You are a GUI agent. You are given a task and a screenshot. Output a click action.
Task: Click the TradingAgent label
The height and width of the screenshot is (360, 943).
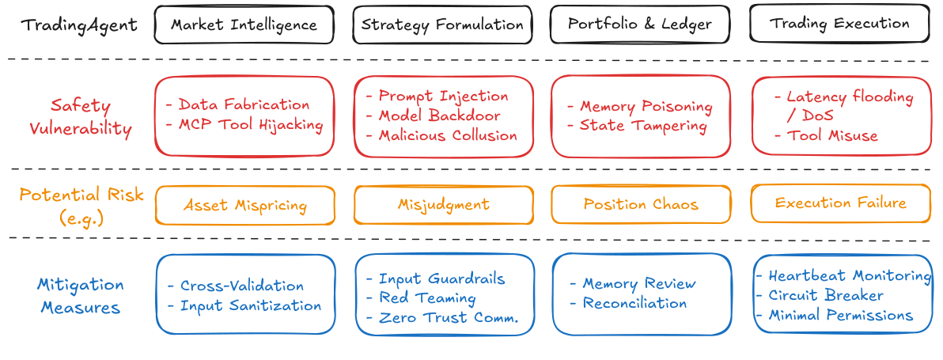79,25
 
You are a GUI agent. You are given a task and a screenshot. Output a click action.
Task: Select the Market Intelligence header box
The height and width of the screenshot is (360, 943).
244,25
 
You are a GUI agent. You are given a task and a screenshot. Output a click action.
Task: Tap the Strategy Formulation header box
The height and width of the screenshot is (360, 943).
442,25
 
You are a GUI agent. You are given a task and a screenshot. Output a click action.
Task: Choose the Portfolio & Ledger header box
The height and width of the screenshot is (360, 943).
640,24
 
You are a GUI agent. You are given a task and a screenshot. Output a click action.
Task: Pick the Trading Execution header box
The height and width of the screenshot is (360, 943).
839,24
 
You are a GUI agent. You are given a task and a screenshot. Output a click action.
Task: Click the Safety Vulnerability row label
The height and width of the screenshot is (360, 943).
80,117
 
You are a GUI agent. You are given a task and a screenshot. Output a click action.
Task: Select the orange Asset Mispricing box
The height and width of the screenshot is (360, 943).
244,205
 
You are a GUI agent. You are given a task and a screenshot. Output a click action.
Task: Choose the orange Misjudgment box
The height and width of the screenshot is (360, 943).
443,205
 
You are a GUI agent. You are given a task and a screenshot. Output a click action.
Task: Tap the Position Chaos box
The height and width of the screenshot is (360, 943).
641,204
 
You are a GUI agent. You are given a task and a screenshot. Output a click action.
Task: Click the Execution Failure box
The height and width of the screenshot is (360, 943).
840,203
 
